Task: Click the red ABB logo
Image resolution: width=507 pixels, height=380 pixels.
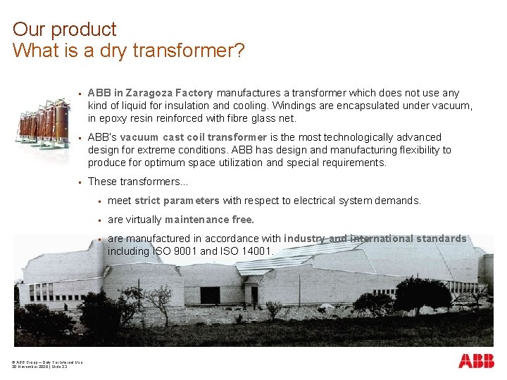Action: [x=476, y=361]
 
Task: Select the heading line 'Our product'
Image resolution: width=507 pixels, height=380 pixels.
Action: [x=64, y=30]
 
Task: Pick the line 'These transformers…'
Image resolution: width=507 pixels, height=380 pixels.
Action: [x=138, y=182]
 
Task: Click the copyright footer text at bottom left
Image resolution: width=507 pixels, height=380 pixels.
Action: [x=46, y=365]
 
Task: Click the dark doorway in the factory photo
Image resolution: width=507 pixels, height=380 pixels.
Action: [x=210, y=295]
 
